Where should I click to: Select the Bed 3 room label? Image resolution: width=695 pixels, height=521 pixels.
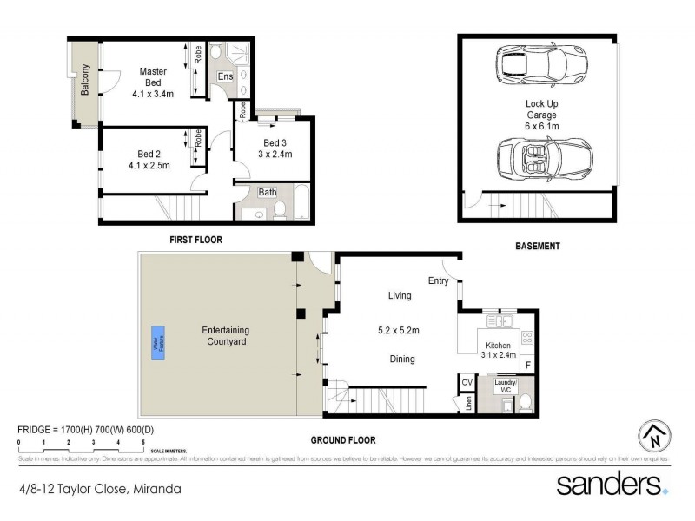(274, 143)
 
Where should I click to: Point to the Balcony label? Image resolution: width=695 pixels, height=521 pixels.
(85, 80)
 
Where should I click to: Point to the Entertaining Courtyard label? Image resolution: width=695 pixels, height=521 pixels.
(225, 336)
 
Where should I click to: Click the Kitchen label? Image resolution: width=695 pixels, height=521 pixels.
(498, 345)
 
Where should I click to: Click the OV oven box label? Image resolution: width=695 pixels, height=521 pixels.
(467, 382)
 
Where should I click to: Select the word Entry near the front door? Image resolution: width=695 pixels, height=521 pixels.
(438, 280)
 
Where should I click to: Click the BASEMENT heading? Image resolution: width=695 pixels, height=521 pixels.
(538, 247)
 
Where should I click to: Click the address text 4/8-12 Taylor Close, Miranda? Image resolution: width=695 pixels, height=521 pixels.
(100, 489)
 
